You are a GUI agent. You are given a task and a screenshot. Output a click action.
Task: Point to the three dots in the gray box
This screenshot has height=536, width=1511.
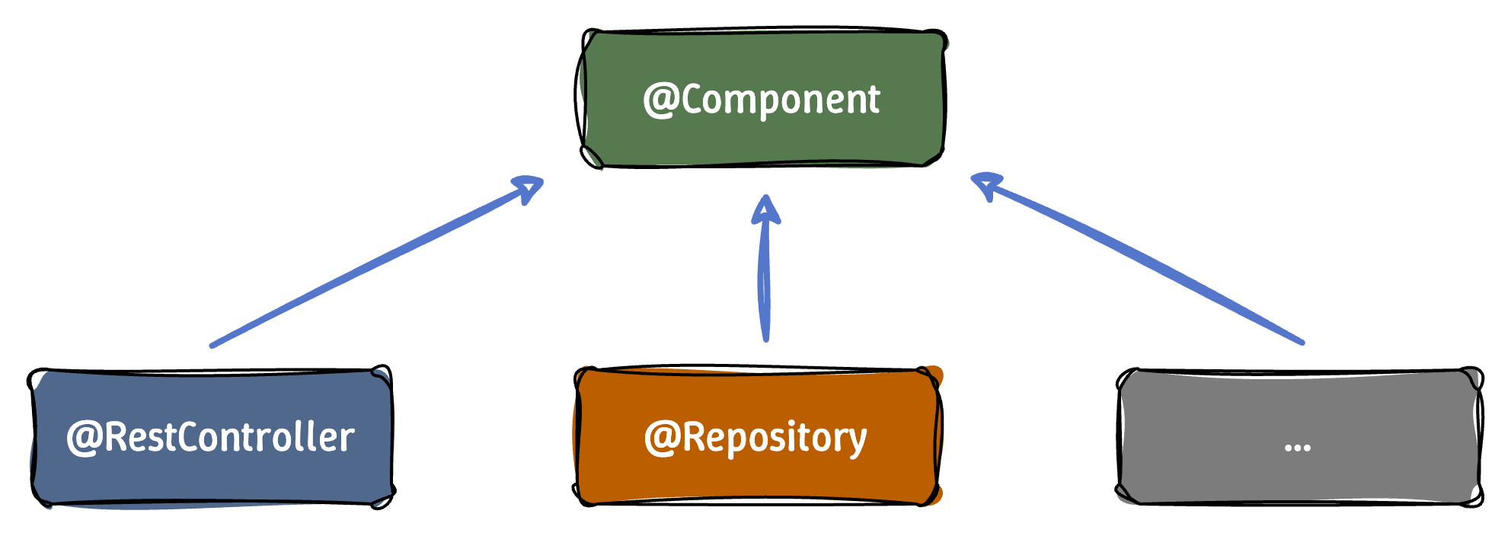[1297, 448]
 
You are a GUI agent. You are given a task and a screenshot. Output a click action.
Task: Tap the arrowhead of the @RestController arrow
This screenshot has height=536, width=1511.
[530, 186]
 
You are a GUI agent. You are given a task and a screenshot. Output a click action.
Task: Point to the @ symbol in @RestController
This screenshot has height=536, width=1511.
[83, 439]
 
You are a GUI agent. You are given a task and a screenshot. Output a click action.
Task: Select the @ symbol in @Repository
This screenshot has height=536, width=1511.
[661, 439]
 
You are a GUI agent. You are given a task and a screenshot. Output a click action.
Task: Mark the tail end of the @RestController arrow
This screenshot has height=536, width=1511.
[212, 346]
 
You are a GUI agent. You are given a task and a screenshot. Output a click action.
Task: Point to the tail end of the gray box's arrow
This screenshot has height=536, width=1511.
[1302, 343]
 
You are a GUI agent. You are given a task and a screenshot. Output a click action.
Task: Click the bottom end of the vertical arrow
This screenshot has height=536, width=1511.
[765, 339]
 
